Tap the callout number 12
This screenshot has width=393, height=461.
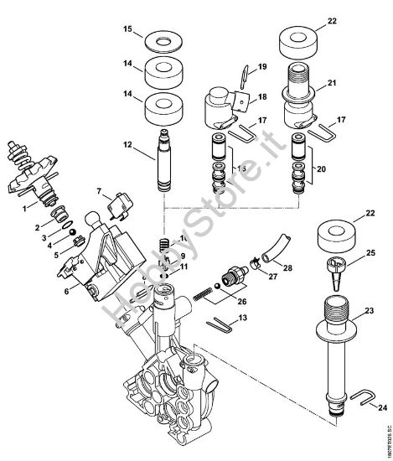point(127,145)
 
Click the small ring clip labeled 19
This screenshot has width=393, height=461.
point(240,75)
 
